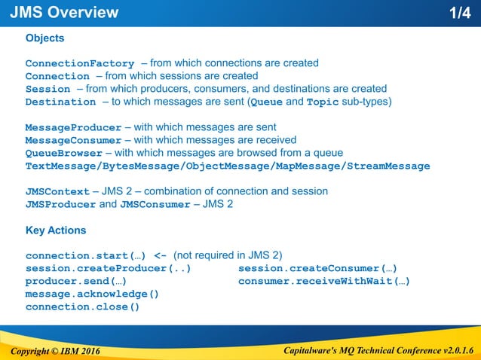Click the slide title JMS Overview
pos(64,13)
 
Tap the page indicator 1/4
pos(459,13)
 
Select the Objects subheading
pos(44,38)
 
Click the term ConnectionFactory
pos(80,63)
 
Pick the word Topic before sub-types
pos(323,102)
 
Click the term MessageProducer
pos(73,127)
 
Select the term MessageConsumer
pos(73,140)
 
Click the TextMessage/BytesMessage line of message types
pos(228,166)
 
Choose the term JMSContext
pos(57,191)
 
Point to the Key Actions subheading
pos(56,230)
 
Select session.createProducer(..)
pos(108,268)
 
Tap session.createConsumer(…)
pos(317,268)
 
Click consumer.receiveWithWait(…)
pos(323,281)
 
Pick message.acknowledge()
pos(92,294)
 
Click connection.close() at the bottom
pos(82,307)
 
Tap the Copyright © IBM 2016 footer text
pos(55,351)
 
